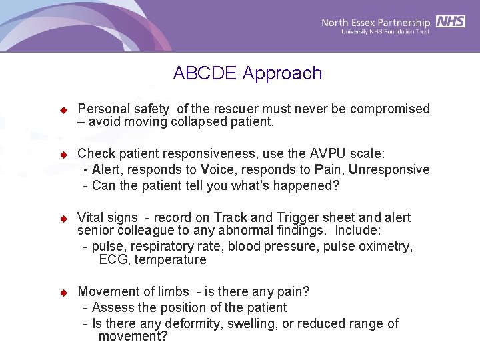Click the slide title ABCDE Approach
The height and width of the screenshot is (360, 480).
247,73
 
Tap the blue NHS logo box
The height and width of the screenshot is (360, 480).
451,21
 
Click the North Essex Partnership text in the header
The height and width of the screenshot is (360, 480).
376,23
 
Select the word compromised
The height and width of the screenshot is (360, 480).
390,109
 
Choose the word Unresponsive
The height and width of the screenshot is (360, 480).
389,169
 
